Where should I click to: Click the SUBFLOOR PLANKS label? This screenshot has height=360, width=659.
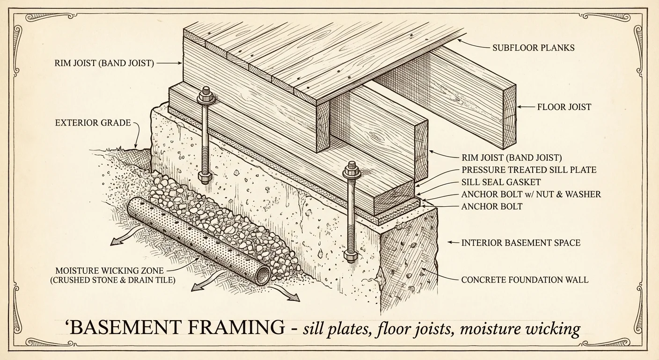click(533, 48)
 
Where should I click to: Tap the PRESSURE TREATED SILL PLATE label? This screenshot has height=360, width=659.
click(529, 170)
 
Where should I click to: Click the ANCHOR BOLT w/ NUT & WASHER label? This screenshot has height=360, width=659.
click(531, 194)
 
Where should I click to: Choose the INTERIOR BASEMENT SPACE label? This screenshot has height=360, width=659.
click(520, 243)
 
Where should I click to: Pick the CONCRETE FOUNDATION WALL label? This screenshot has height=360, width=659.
click(525, 280)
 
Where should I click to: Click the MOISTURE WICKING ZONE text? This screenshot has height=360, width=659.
click(110, 271)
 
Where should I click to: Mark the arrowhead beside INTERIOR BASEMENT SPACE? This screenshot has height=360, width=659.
click(450, 243)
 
